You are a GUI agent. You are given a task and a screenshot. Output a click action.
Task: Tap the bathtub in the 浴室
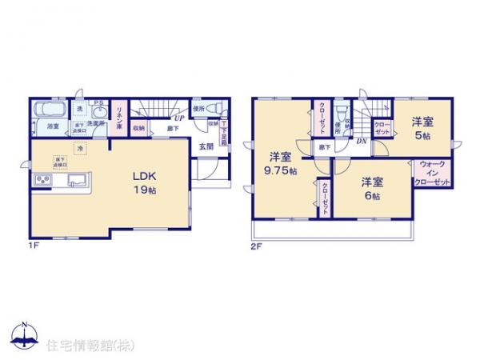(53, 108)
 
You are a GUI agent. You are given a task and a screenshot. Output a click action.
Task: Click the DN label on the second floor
(362, 142)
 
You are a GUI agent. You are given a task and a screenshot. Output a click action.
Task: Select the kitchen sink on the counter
(78, 179)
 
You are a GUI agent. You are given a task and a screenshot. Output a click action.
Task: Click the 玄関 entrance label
(206, 146)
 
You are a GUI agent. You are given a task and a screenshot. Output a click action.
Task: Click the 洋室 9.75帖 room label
(280, 163)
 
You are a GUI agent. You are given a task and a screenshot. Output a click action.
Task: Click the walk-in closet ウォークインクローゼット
(432, 174)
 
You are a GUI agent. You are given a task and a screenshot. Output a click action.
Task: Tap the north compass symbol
(25, 335)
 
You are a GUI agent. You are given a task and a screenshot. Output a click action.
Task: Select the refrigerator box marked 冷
(80, 148)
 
